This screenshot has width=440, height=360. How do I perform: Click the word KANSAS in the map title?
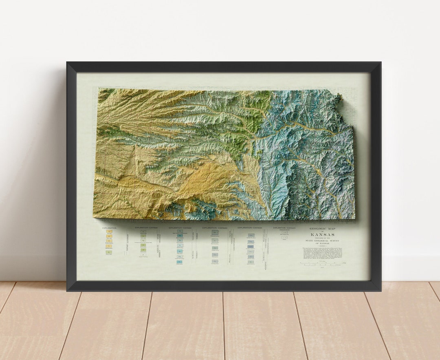coord(323,234)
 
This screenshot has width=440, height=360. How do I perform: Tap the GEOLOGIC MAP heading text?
coord(323,229)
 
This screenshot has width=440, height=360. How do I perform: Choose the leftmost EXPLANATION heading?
coord(109,228)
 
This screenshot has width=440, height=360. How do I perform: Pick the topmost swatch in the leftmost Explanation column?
coord(109,232)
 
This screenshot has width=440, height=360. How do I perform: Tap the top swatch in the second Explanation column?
coord(143,232)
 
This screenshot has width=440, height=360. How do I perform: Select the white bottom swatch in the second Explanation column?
coord(143,254)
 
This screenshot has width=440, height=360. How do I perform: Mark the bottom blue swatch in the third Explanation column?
coord(179,262)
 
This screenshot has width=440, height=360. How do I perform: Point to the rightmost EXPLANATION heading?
coord(284,228)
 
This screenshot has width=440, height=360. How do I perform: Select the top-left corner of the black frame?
coord(68,63)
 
